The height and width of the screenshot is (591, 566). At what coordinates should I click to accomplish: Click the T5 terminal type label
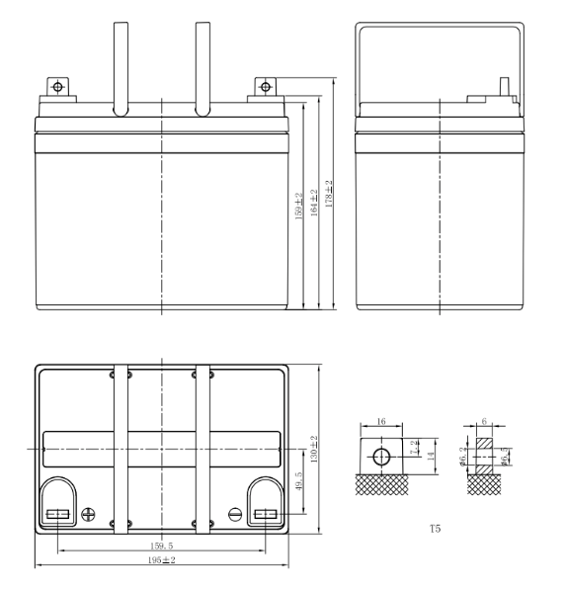coord(435,530)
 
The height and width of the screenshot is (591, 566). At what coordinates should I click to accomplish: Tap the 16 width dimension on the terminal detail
coord(381,421)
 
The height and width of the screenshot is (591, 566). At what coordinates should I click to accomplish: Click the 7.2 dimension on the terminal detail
coord(414,445)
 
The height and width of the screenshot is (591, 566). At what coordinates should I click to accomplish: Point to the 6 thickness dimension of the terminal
coord(482,421)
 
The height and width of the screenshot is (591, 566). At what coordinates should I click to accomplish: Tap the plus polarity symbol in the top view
coord(88,514)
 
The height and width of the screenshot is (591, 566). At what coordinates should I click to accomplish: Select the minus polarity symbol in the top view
coord(234,514)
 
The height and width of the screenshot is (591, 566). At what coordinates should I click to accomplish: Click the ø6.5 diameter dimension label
coord(505,456)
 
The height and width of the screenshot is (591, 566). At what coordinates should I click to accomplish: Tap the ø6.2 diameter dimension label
coord(464,456)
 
